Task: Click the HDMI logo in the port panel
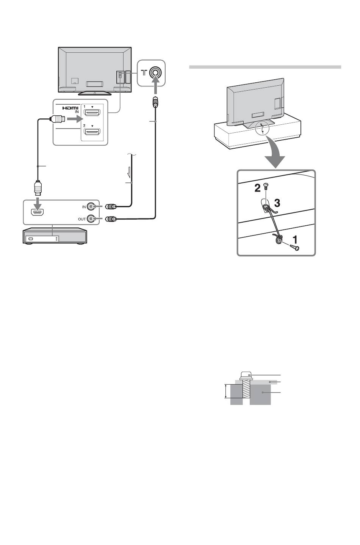point(70,108)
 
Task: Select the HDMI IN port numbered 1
point(92,112)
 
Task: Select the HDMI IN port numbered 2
point(92,132)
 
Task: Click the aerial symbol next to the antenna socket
point(144,72)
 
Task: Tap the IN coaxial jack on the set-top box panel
point(91,207)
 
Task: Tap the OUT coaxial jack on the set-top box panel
point(91,219)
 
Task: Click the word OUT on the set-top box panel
point(82,219)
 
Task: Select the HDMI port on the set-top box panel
point(38,212)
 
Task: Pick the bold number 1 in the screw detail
point(295,240)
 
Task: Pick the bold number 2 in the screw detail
point(257,188)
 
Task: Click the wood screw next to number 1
point(294,247)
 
